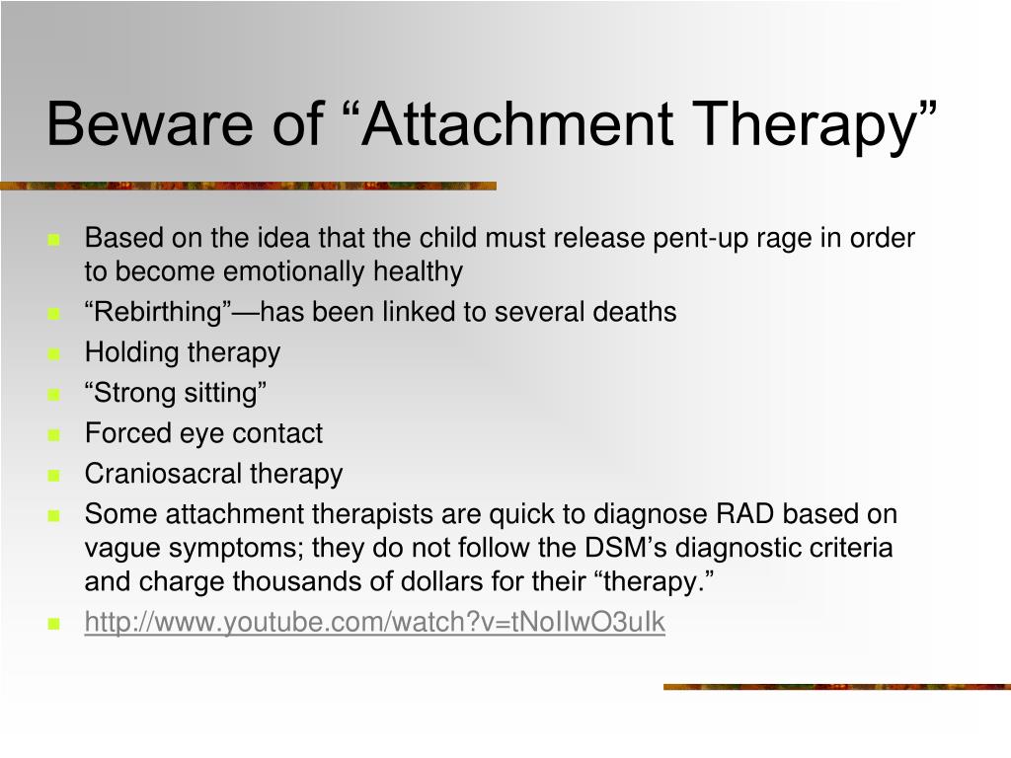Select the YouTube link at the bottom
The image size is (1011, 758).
pos(374,623)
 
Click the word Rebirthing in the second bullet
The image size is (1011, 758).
pos(157,313)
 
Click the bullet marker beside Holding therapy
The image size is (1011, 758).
pos(53,354)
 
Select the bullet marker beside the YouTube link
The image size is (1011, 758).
pos(53,624)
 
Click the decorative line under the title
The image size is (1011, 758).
pos(248,187)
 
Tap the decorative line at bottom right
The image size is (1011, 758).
pos(837,687)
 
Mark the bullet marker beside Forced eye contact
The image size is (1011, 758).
pos(53,435)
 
